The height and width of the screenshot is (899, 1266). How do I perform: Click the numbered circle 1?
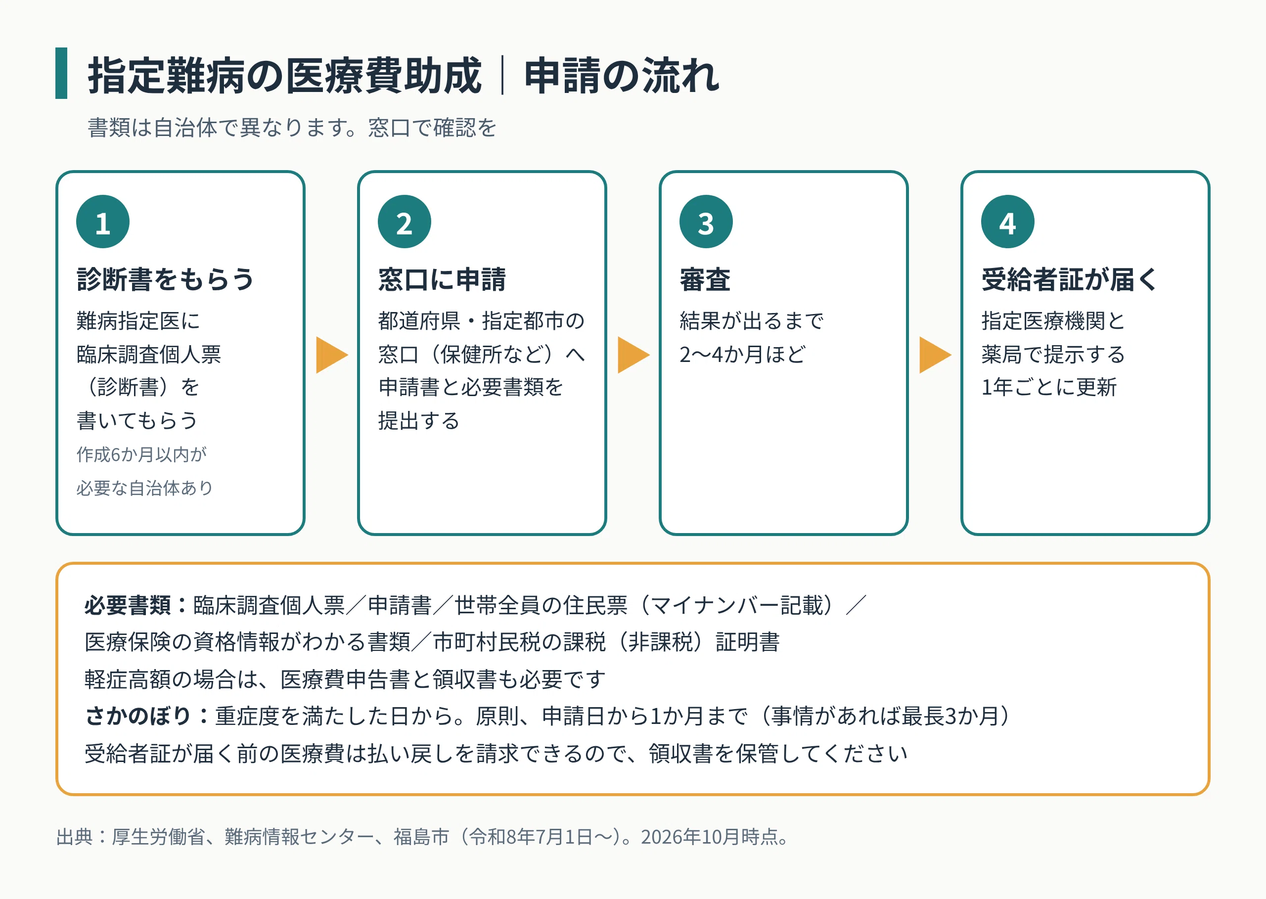103,222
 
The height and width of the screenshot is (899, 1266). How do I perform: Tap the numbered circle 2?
404,222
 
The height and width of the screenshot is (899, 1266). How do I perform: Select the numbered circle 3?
706,222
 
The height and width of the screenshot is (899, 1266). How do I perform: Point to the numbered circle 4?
1007,222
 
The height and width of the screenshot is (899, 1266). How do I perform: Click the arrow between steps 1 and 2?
332,354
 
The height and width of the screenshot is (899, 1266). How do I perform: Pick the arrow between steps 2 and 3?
633,354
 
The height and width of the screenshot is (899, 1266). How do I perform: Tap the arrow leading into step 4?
935,354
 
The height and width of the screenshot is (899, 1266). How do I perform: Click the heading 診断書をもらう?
166,279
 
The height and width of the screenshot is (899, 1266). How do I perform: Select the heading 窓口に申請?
442,279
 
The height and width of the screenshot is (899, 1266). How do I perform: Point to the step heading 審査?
705,279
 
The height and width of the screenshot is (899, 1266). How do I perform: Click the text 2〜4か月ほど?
742,354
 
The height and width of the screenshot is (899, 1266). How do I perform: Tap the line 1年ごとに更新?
1049,387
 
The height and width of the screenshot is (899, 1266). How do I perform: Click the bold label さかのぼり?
138,716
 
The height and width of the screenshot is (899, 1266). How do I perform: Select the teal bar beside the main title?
61,73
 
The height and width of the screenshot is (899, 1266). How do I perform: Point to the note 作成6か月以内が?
142,454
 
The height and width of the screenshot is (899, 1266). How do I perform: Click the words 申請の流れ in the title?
622,75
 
